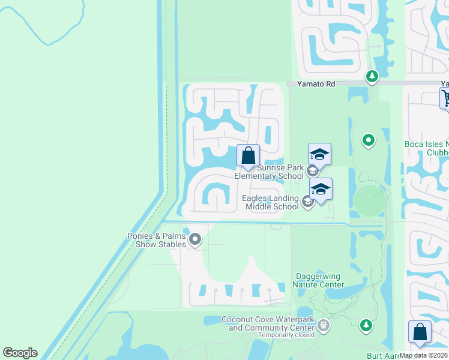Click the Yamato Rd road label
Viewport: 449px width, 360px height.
(x=318, y=85)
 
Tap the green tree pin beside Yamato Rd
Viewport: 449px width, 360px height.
(x=372, y=76)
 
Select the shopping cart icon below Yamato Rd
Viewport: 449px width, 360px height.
(x=446, y=97)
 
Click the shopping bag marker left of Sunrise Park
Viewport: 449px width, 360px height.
(x=248, y=156)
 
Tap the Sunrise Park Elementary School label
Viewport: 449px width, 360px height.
(x=269, y=172)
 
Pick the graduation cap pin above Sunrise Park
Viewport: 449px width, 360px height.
(x=319, y=155)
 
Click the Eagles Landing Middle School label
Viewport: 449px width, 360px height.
(x=270, y=203)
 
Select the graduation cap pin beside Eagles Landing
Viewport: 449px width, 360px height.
(x=321, y=190)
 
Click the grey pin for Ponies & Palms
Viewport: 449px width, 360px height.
(x=195, y=240)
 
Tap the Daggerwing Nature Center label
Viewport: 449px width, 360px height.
(x=319, y=280)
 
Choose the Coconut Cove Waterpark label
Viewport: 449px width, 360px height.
(x=268, y=323)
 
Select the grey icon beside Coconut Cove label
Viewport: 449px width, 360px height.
(x=324, y=326)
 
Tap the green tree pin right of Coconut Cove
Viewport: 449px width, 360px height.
(x=365, y=325)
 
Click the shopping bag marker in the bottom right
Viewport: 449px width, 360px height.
(x=420, y=332)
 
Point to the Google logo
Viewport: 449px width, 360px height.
(x=20, y=353)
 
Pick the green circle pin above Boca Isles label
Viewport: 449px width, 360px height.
(x=369, y=141)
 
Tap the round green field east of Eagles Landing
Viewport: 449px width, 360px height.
(x=369, y=201)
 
